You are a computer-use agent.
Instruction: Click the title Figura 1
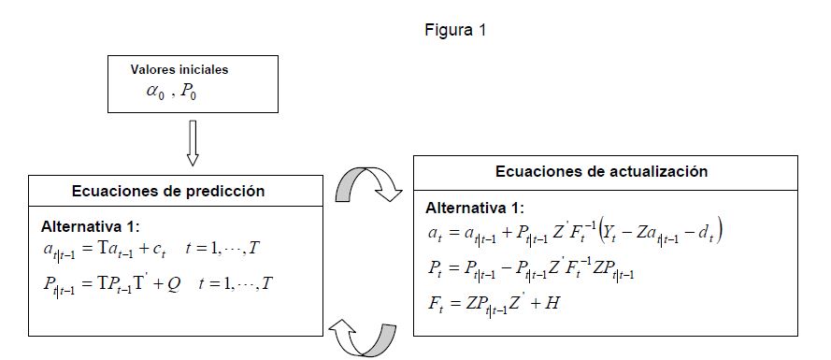(x=455, y=30)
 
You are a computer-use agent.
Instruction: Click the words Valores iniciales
(x=179, y=69)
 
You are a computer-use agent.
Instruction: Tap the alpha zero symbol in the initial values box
(x=156, y=92)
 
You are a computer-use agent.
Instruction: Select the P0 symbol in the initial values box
(x=188, y=92)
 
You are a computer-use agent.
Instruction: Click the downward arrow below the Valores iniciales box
(x=193, y=143)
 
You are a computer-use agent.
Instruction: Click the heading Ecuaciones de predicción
(x=168, y=191)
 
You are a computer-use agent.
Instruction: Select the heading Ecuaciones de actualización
(x=602, y=172)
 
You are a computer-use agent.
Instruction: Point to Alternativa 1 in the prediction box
(x=91, y=227)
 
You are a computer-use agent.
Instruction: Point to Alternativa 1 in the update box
(x=475, y=208)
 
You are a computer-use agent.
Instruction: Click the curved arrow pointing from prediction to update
(x=367, y=175)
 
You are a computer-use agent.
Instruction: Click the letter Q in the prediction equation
(x=173, y=284)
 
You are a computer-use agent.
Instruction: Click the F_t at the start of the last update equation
(x=433, y=304)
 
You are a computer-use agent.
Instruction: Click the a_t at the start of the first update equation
(x=434, y=232)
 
